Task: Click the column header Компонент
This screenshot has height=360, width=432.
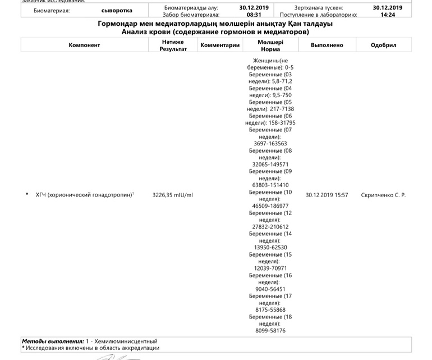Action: click(84, 45)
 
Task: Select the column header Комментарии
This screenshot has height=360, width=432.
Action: click(220, 45)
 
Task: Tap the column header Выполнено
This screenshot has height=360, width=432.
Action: click(327, 45)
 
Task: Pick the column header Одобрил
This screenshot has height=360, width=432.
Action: click(384, 45)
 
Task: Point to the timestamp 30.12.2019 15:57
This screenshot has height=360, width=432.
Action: click(327, 195)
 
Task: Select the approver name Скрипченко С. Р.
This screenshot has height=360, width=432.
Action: click(383, 195)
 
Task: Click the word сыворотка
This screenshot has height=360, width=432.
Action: click(117, 11)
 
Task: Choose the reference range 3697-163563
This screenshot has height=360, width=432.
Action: click(270, 143)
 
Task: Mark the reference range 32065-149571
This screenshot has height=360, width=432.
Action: click(270, 164)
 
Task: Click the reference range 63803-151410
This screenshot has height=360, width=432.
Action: click(270, 185)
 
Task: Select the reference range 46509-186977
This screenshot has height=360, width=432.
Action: click(270, 206)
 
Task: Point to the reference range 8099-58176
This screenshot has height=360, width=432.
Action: click(270, 331)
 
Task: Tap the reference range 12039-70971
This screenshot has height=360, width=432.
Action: click(270, 268)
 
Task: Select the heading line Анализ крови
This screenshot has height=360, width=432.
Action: click(215, 33)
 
